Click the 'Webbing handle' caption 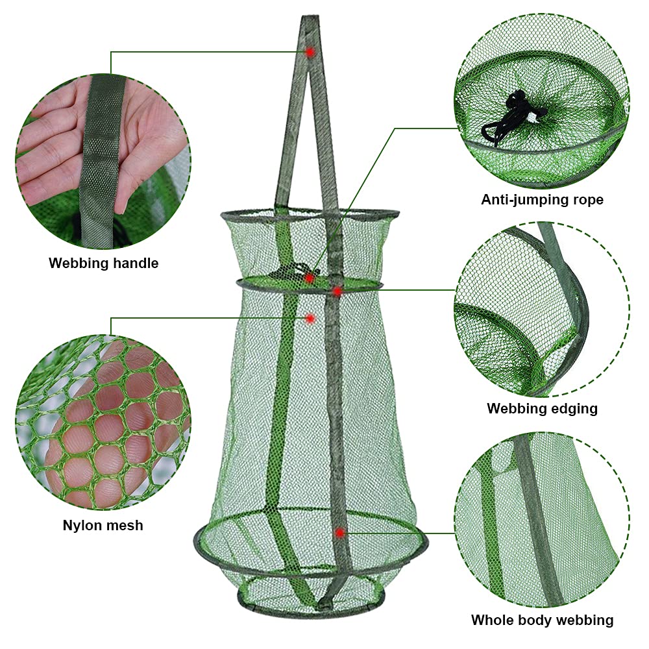point(103,263)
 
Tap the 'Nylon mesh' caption point(103,525)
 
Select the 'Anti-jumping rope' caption point(542,200)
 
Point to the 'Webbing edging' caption point(542,409)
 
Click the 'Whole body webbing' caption point(542,620)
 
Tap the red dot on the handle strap point(310,51)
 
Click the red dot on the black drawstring point(310,278)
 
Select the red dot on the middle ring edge point(337,291)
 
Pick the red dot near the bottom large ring point(339,533)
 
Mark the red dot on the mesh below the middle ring point(310,318)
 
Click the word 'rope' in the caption point(586,200)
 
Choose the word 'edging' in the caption point(574,409)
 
